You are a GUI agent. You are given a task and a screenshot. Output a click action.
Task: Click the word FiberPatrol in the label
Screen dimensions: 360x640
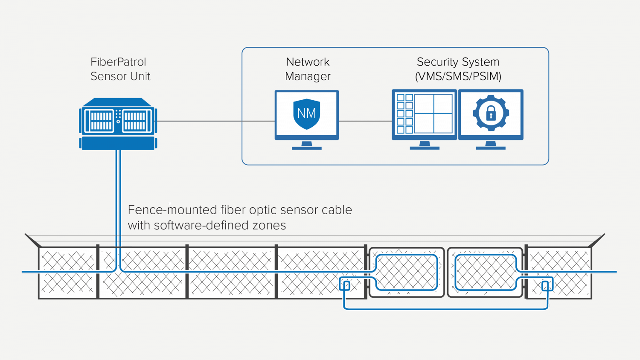(x=118, y=62)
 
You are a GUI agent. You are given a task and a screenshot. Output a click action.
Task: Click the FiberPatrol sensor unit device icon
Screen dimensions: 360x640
(x=118, y=124)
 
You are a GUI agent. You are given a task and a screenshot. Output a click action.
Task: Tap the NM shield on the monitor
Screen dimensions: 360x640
(x=307, y=114)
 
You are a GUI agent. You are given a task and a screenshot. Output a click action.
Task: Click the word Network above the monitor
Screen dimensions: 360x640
(x=308, y=62)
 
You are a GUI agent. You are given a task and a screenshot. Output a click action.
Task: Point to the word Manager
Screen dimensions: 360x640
(x=308, y=77)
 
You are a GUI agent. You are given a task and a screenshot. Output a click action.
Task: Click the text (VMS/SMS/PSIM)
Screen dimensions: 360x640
(x=458, y=77)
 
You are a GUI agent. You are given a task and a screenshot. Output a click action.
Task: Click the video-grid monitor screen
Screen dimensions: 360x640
(x=424, y=114)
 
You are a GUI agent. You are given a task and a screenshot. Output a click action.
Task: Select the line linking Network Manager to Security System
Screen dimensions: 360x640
(x=365, y=121)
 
